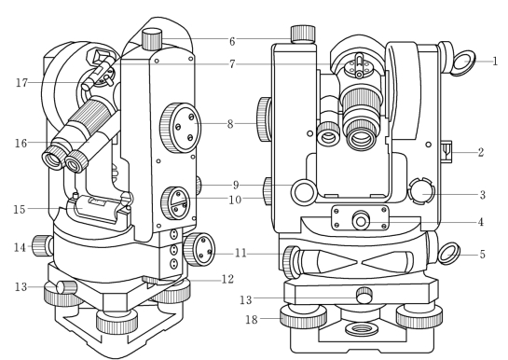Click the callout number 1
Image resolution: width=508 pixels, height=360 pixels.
495,62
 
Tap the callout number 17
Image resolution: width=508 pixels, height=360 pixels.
22,83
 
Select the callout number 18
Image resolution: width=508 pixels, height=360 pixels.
252,320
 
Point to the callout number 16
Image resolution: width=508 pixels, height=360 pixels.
21,143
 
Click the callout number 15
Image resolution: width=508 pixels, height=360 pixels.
20,209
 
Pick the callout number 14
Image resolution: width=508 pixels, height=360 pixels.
20,248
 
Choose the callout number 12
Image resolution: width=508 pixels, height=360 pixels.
227,279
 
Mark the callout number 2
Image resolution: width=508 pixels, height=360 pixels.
481,152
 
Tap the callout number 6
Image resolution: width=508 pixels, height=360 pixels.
232,41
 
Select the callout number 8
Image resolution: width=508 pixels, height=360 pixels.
230,124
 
